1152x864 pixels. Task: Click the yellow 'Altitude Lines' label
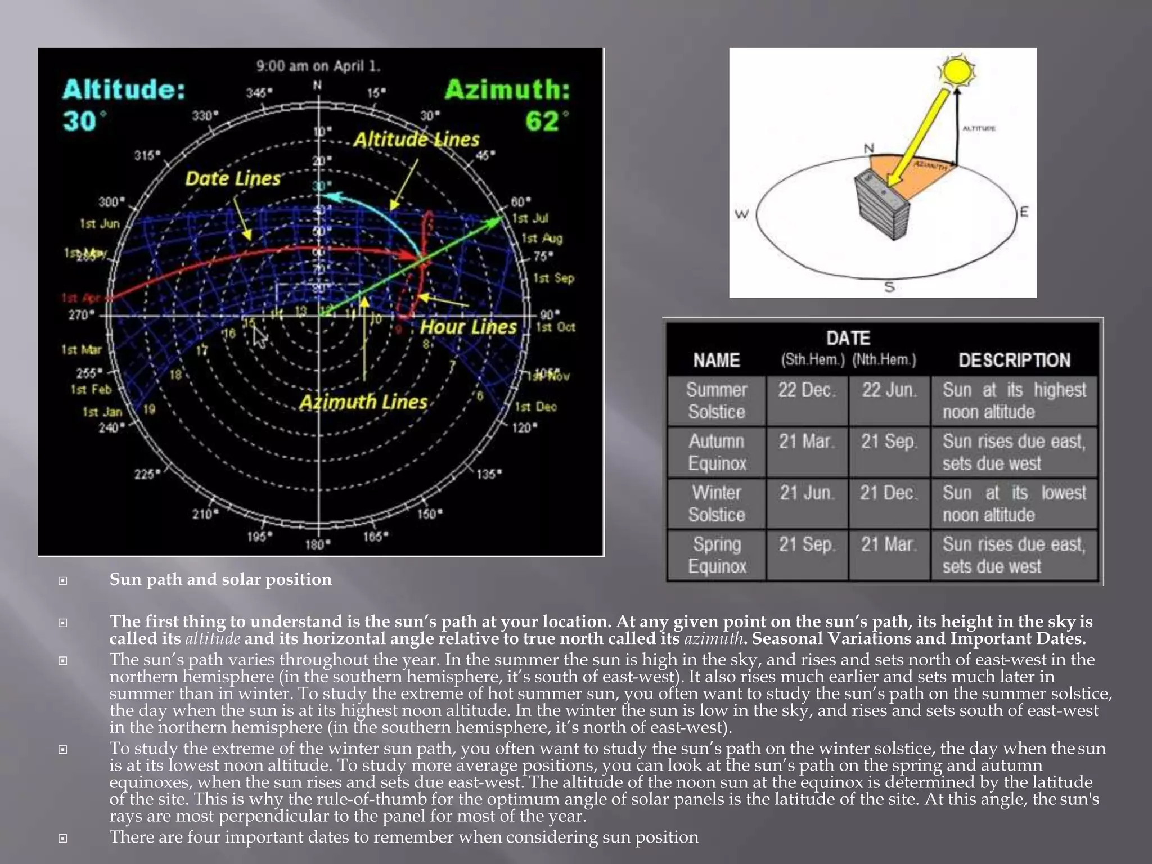click(x=416, y=139)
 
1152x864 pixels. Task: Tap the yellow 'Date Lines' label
click(x=233, y=179)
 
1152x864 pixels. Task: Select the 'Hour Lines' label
click(x=468, y=327)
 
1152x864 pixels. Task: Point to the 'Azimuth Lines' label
click(x=363, y=402)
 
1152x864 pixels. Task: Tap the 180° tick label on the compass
click(x=318, y=544)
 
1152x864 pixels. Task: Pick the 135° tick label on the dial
click(x=488, y=474)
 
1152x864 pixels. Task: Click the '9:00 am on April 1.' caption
click(x=318, y=66)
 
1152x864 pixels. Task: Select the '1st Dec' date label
click(x=535, y=407)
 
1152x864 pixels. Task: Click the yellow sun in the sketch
click(x=957, y=71)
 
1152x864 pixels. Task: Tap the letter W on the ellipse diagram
click(x=742, y=214)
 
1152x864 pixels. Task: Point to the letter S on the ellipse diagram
click(x=889, y=287)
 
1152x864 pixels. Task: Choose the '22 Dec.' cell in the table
click(x=806, y=390)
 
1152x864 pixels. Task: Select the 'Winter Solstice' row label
click(x=716, y=503)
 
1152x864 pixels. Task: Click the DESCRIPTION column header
click(x=1014, y=360)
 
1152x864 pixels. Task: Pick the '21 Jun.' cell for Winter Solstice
click(x=806, y=493)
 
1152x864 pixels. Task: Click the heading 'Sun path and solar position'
click(x=220, y=579)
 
